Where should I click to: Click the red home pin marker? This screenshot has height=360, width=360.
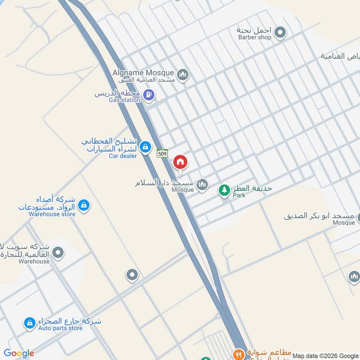click(180, 162)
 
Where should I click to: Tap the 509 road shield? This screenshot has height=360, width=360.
click(162, 153)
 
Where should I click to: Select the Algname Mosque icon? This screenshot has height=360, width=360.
click(182, 74)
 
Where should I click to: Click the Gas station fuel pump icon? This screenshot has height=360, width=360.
click(149, 95)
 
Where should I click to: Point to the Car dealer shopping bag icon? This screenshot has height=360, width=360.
click(145, 147)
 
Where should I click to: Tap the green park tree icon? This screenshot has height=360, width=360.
click(224, 190)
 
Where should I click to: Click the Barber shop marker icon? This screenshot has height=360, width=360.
click(280, 32)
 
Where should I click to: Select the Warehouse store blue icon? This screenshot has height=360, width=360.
click(83, 206)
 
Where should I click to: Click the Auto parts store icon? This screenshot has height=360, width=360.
click(30, 323)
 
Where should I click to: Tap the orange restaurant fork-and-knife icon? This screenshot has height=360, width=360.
click(239, 354)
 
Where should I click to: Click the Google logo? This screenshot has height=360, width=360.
click(19, 353)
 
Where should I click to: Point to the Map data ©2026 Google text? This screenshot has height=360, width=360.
click(325, 355)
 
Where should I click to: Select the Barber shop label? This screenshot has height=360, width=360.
click(255, 37)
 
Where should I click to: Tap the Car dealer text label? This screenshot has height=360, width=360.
click(123, 156)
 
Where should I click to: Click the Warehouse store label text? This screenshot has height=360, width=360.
click(52, 214)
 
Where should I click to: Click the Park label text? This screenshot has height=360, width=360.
click(238, 196)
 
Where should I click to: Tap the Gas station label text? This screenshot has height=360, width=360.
click(125, 100)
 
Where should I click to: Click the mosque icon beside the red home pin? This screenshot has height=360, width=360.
click(202, 184)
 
